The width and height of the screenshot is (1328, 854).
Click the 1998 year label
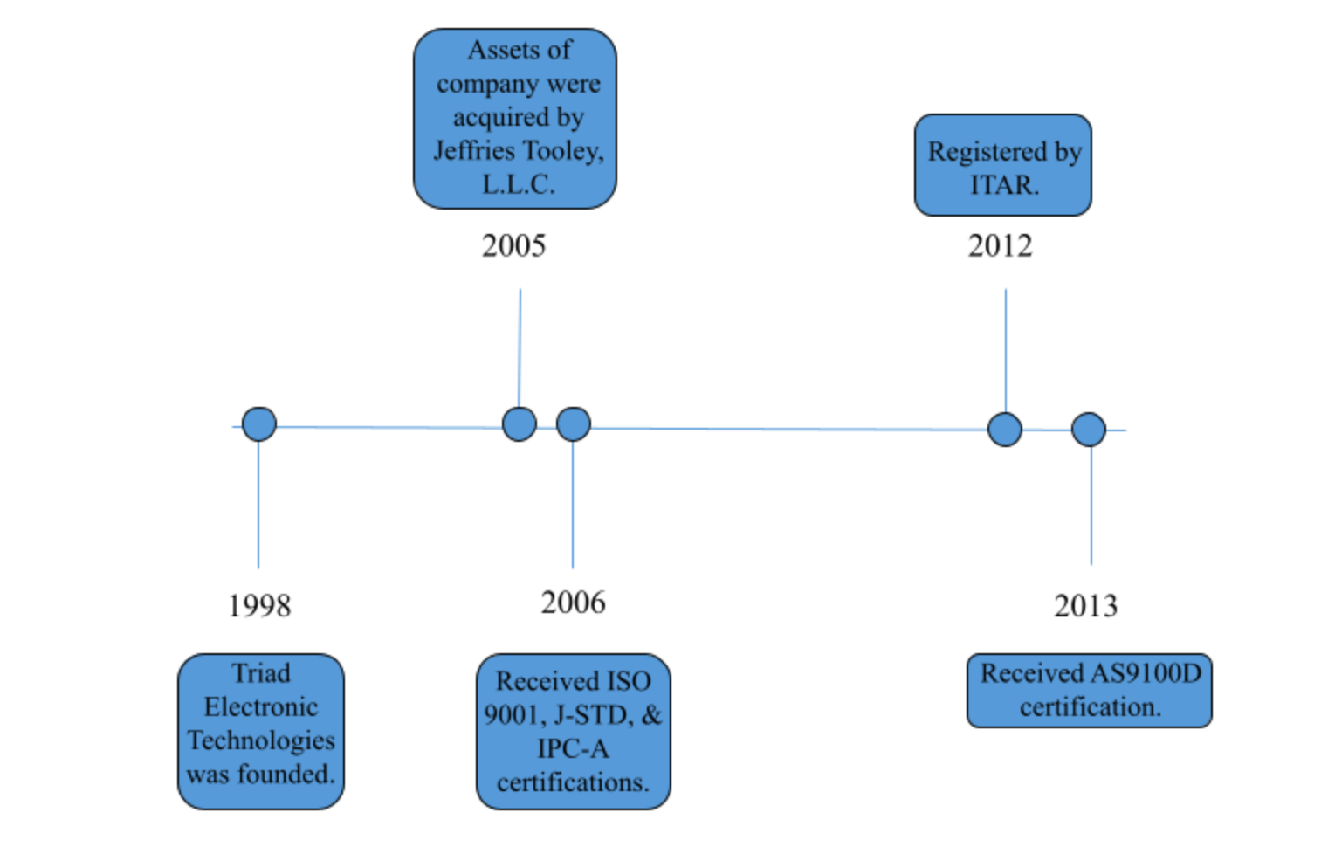pos(259,606)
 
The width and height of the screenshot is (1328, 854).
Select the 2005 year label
pos(513,245)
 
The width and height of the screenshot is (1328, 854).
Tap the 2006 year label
pos(574,603)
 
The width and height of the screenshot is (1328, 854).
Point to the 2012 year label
pos(1001,245)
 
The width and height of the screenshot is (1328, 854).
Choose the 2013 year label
pos(1085,606)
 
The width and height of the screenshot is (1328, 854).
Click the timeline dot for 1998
pos(259,424)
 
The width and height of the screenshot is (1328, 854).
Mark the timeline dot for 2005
pos(520,424)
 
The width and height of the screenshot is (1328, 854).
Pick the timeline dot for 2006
pos(574,424)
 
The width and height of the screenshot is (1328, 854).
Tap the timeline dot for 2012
pos(1005,430)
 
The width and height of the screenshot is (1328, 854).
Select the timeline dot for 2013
pos(1089,430)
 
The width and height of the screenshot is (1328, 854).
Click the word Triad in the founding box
pos(261,674)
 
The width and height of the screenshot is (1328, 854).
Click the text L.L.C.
pos(518,184)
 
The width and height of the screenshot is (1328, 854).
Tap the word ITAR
pos(1004,185)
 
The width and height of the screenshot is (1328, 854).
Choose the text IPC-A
pos(574,748)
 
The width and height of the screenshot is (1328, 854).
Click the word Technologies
pos(261,740)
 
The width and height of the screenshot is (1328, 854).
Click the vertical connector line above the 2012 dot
pos(1006,350)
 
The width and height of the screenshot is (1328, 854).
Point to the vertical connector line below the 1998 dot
pos(258,505)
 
